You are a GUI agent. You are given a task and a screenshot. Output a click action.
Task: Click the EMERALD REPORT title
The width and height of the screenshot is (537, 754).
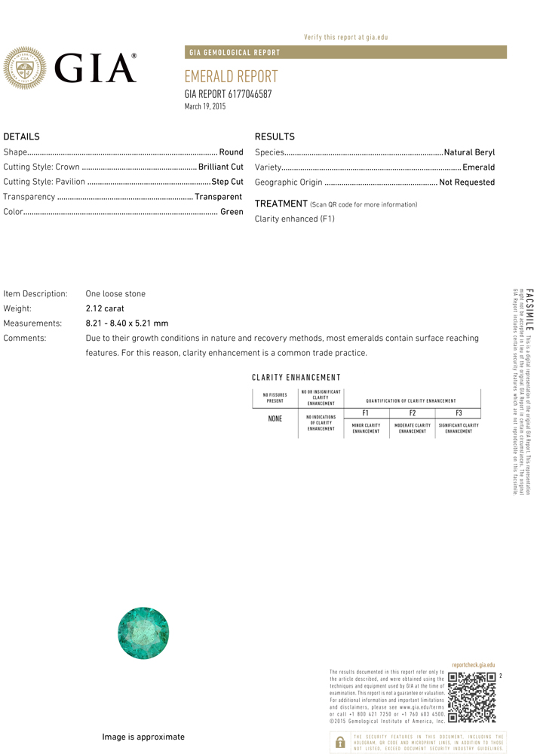click(231, 77)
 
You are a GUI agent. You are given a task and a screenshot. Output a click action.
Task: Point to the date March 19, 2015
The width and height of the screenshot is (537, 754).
click(205, 106)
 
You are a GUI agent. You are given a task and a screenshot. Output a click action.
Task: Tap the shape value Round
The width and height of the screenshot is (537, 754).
click(231, 152)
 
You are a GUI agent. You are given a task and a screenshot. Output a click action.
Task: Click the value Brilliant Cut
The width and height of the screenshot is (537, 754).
click(220, 167)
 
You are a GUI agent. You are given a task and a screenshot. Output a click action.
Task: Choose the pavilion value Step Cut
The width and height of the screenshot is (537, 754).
click(227, 182)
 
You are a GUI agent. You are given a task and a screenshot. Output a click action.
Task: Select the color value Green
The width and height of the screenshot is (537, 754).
click(232, 212)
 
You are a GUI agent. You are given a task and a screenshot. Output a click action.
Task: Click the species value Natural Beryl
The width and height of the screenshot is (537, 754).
click(469, 152)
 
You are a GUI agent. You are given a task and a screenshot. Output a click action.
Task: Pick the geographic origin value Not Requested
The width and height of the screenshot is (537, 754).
click(467, 182)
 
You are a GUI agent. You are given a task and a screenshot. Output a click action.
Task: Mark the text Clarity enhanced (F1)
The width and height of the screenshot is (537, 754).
click(294, 219)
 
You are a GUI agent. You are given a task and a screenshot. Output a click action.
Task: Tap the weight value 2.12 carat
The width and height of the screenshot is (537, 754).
click(105, 308)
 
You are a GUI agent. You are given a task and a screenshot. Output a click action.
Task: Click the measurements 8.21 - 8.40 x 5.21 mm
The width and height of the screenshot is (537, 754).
click(127, 323)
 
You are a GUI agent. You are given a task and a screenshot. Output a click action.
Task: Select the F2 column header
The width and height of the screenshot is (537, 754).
click(413, 412)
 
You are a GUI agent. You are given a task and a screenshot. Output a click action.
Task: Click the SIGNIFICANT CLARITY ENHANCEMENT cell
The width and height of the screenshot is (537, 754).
click(459, 428)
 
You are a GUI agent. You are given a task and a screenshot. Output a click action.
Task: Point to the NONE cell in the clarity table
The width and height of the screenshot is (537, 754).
click(275, 418)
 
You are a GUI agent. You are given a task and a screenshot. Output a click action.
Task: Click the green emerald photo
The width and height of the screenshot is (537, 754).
click(143, 633)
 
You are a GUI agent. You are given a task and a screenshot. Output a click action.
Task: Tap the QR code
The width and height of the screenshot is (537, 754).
click(472, 697)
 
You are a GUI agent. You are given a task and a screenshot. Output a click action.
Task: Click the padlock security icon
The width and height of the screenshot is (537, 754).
click(339, 742)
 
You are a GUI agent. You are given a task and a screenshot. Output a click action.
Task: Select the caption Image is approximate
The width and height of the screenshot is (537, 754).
click(143, 737)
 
